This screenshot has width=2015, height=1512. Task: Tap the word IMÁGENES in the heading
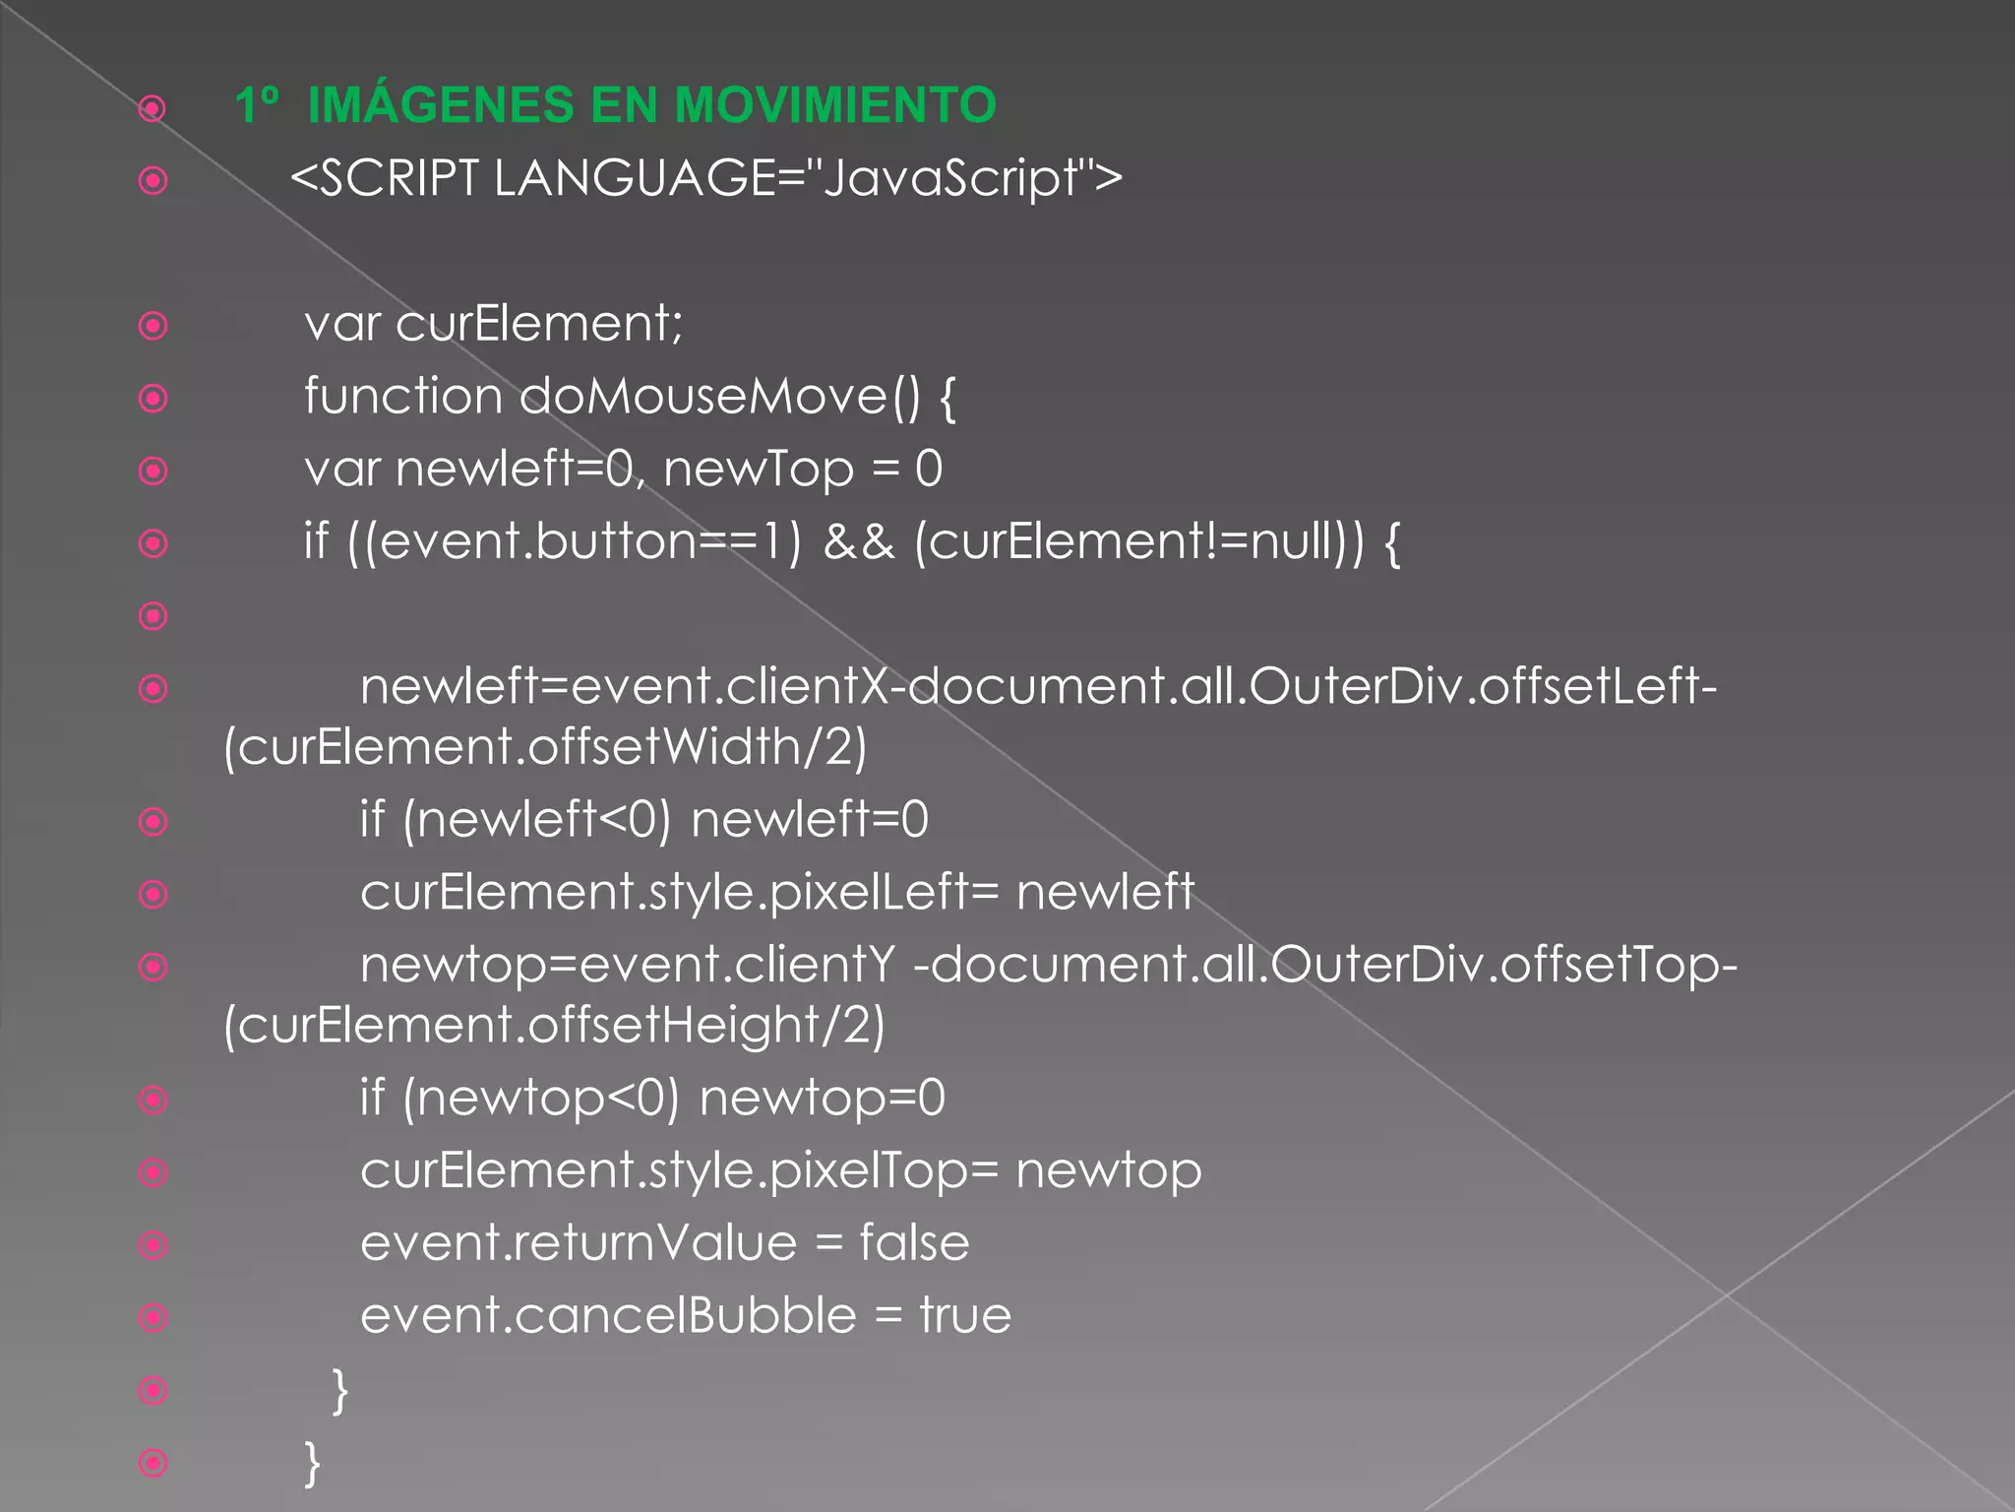coord(441,105)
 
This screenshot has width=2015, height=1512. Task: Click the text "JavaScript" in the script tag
coord(951,179)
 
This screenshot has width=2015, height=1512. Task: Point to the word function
coord(403,396)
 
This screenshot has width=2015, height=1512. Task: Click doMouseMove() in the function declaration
coord(719,396)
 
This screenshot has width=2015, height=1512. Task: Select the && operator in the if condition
coord(859,541)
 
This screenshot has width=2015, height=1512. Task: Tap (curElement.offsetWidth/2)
coord(545,746)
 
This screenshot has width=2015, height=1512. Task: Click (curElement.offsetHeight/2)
coord(554,1025)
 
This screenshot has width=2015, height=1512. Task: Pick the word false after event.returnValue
coord(914,1242)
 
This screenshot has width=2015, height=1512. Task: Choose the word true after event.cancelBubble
coord(965,1315)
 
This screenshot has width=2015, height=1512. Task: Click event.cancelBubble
coord(608,1315)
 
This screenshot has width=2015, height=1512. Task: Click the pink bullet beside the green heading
coord(153,107)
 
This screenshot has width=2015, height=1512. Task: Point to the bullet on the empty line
coord(153,616)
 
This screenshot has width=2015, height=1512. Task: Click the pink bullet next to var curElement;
coord(153,326)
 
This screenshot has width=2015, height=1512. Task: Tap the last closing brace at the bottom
coord(312,1463)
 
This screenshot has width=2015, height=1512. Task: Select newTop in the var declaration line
coord(759,469)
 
